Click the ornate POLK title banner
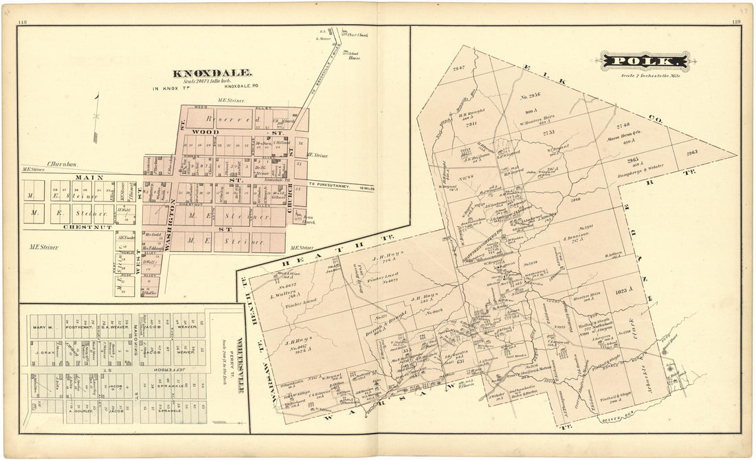click(644, 62)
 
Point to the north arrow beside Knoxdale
click(97, 117)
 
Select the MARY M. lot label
click(42, 328)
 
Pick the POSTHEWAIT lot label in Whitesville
click(80, 328)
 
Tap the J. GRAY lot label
click(42, 352)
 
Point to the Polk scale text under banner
click(643, 74)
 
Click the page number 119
click(736, 22)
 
